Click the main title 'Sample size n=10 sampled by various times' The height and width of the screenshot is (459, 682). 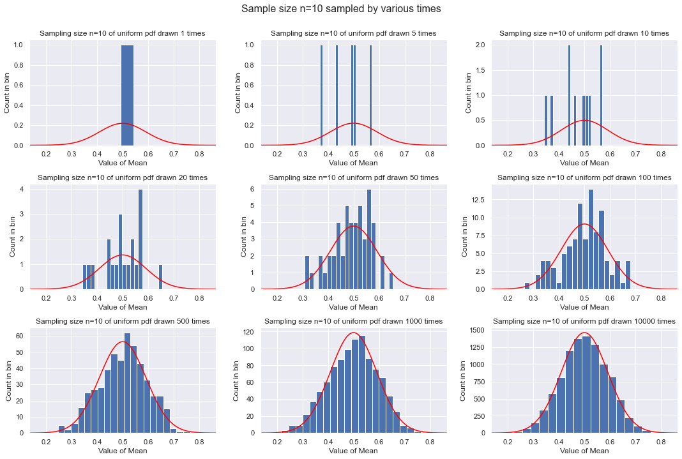341,10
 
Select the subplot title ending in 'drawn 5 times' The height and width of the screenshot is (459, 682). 353,33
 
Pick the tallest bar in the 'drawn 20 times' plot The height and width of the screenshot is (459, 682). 140,239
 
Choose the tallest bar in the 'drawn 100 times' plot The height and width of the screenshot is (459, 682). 591,239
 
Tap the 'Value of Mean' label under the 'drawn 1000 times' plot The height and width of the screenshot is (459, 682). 353,451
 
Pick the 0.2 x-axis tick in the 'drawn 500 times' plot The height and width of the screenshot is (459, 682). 46,442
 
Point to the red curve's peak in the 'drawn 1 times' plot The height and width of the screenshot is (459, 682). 123,123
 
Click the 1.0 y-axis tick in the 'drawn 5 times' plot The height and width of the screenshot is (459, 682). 250,45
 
